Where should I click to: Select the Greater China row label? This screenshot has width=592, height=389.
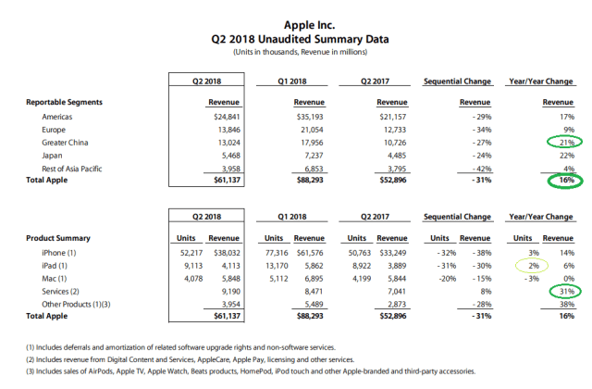pos(68,144)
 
